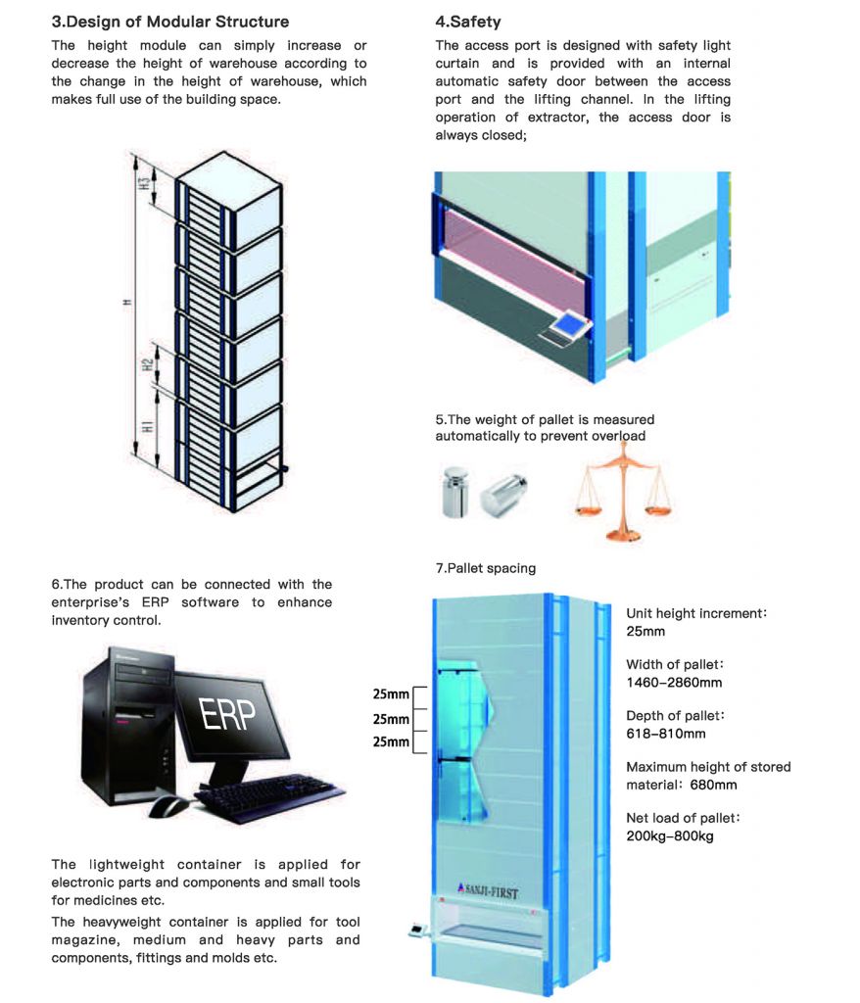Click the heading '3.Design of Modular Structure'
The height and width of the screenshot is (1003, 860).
tap(169, 21)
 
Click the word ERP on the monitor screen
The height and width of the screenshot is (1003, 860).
tap(227, 715)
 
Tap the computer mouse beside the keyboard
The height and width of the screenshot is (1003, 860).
tap(169, 805)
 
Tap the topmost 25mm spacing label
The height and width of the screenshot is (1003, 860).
tap(391, 694)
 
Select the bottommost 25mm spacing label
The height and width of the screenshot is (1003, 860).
tap(391, 741)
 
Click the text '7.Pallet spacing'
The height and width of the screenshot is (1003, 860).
tap(486, 568)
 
